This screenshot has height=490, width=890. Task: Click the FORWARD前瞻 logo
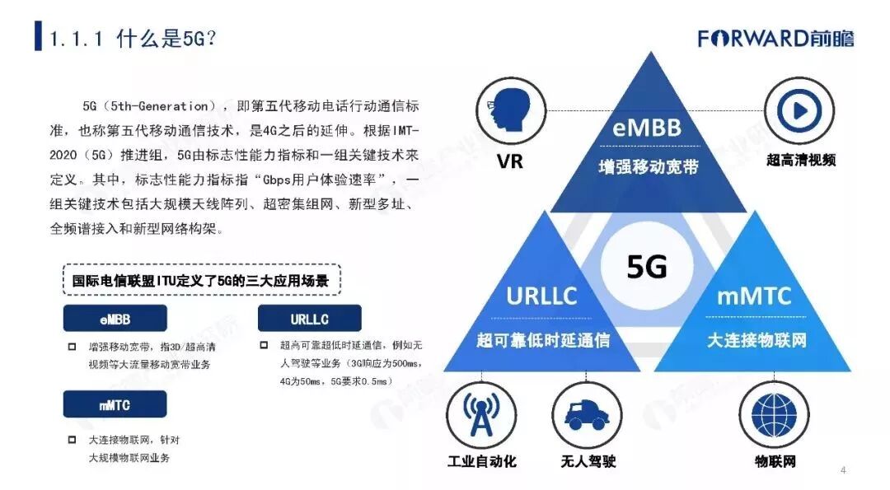point(775,38)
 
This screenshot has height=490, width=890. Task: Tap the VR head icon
point(509,110)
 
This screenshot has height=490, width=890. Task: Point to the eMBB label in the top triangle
point(648,128)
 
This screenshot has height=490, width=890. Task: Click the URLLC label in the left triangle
point(541,296)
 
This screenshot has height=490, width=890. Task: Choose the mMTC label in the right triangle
point(754,296)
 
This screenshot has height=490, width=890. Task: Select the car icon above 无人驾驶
point(584,416)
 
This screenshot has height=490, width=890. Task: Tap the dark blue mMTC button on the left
point(115,404)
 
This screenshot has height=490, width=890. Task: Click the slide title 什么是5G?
point(133,39)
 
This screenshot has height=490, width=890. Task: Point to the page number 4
point(843,470)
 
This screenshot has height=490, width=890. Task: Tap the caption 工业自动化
point(481,461)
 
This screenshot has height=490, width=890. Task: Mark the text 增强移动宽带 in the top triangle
point(648,166)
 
